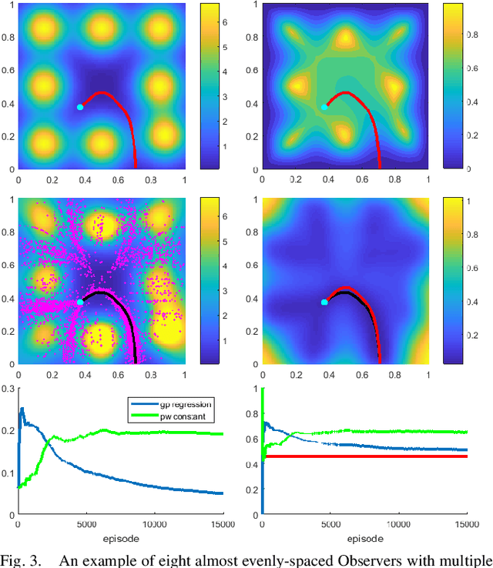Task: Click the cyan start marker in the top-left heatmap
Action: [x=79, y=107]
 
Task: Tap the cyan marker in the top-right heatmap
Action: [x=324, y=107]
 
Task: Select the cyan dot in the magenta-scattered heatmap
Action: [x=79, y=302]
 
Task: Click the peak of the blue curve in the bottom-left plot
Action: [x=22, y=409]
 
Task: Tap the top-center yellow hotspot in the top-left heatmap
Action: [x=101, y=27]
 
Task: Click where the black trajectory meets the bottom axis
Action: [x=134, y=362]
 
